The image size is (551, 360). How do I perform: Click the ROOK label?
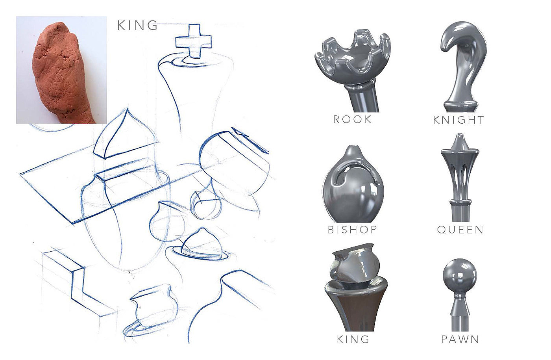point(352,119)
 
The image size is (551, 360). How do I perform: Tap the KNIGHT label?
point(459,120)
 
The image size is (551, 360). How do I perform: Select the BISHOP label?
point(353,230)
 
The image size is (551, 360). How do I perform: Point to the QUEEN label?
point(460,230)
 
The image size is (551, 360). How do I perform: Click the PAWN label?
point(460,339)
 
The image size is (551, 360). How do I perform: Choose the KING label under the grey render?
point(353,339)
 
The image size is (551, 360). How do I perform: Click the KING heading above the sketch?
point(137,25)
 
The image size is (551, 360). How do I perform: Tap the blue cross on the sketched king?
point(194,41)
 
